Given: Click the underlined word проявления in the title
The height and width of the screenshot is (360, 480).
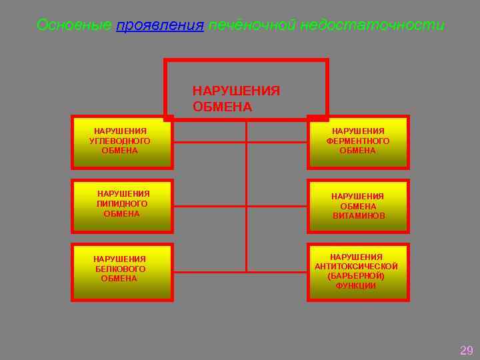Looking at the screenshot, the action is click(x=159, y=25).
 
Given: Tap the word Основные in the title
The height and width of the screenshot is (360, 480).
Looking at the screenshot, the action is click(x=75, y=25).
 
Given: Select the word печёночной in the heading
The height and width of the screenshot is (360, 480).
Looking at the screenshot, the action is click(x=251, y=25).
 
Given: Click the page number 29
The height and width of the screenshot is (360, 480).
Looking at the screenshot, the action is click(x=467, y=350).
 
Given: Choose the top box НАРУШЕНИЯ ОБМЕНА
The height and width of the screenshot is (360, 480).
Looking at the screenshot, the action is click(x=246, y=90).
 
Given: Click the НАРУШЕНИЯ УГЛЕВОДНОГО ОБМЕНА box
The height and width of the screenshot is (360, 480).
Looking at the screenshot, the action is click(x=122, y=142).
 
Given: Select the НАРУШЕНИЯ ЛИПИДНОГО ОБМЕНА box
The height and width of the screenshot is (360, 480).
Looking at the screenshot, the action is click(x=122, y=206).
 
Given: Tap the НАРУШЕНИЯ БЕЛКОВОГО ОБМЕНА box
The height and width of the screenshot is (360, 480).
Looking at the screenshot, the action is click(x=122, y=272).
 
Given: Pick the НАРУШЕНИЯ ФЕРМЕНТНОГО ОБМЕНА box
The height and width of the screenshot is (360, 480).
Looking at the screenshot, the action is click(x=358, y=142).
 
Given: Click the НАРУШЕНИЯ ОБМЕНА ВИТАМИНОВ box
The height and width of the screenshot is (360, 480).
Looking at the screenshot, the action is click(x=358, y=206).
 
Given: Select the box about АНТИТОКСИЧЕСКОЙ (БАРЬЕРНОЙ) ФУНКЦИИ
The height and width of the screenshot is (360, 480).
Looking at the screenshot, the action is click(x=358, y=272).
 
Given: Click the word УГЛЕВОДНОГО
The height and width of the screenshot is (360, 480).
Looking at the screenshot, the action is click(x=120, y=141).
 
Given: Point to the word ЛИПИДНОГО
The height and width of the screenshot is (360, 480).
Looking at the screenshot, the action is click(x=122, y=204).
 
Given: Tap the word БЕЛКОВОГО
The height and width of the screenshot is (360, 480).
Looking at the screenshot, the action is click(x=120, y=269).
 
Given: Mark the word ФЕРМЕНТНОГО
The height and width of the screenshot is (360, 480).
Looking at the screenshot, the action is click(x=358, y=141).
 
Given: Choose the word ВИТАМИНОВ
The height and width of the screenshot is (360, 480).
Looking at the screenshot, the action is click(x=359, y=216).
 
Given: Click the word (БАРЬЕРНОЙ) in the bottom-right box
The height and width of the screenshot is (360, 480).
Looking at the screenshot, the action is click(x=356, y=276).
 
